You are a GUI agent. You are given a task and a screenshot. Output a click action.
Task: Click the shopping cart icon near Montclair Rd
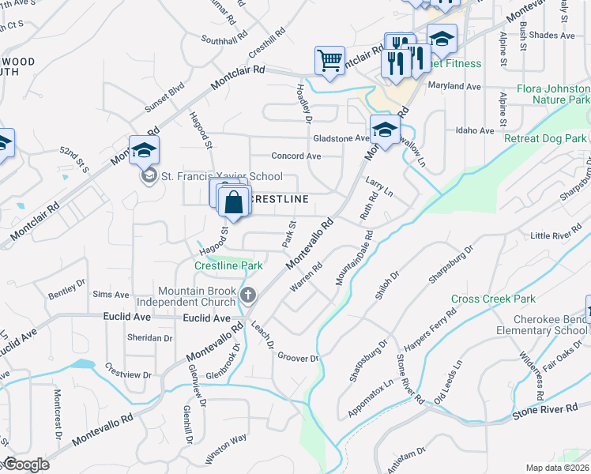coord(329,60)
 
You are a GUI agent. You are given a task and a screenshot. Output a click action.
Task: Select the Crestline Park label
coord(228,266)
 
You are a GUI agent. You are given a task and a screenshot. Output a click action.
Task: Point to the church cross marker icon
coord(248,296)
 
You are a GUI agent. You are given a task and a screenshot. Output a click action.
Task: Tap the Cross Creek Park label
coord(493,299)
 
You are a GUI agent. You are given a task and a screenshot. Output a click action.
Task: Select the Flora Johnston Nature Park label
coord(553,95)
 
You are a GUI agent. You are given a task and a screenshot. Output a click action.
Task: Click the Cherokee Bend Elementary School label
coord(538,325)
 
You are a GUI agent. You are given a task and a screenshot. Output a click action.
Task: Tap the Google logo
coord(27,465)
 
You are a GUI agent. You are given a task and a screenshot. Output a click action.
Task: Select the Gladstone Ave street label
coord(341,138)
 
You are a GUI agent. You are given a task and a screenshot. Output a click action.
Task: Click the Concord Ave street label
coord(295,156)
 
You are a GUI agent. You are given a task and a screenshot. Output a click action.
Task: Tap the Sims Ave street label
coord(111,295)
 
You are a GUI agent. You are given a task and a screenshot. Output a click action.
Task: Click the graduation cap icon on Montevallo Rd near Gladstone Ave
coord(385,130)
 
